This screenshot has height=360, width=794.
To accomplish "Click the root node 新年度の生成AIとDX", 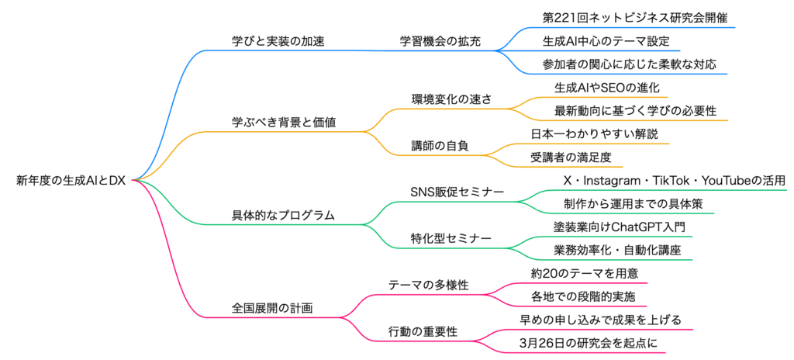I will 71,181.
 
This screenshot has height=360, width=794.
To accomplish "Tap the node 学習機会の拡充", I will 440,40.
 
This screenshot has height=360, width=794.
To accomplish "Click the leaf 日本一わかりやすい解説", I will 594,133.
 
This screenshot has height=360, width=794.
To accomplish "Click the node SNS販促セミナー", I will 457,192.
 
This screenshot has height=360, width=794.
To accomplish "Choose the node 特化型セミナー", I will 451,238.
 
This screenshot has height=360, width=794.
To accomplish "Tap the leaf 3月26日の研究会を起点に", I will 593,343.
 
